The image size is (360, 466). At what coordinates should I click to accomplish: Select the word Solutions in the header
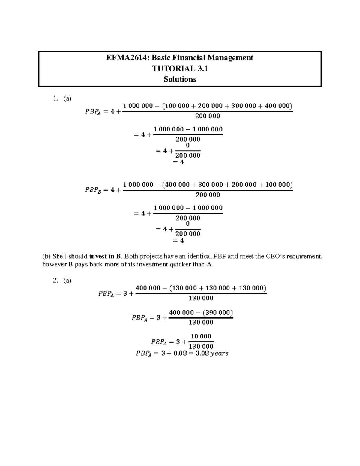(x=180, y=79)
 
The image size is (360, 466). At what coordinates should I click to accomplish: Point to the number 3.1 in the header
(x=202, y=69)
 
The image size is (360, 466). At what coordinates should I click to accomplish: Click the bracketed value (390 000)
(x=218, y=313)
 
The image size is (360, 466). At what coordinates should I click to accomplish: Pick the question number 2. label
(x=55, y=281)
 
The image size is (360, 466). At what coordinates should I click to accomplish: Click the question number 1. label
(x=55, y=98)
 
